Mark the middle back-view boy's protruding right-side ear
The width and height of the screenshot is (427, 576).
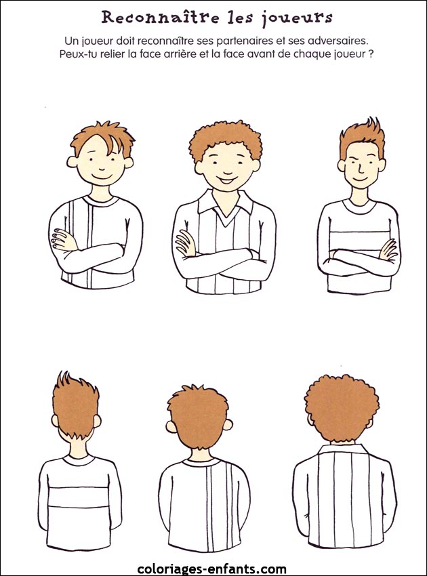click(228, 425)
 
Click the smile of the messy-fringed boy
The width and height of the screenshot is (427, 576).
click(102, 177)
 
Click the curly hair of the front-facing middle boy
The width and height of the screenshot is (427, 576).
click(226, 139)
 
